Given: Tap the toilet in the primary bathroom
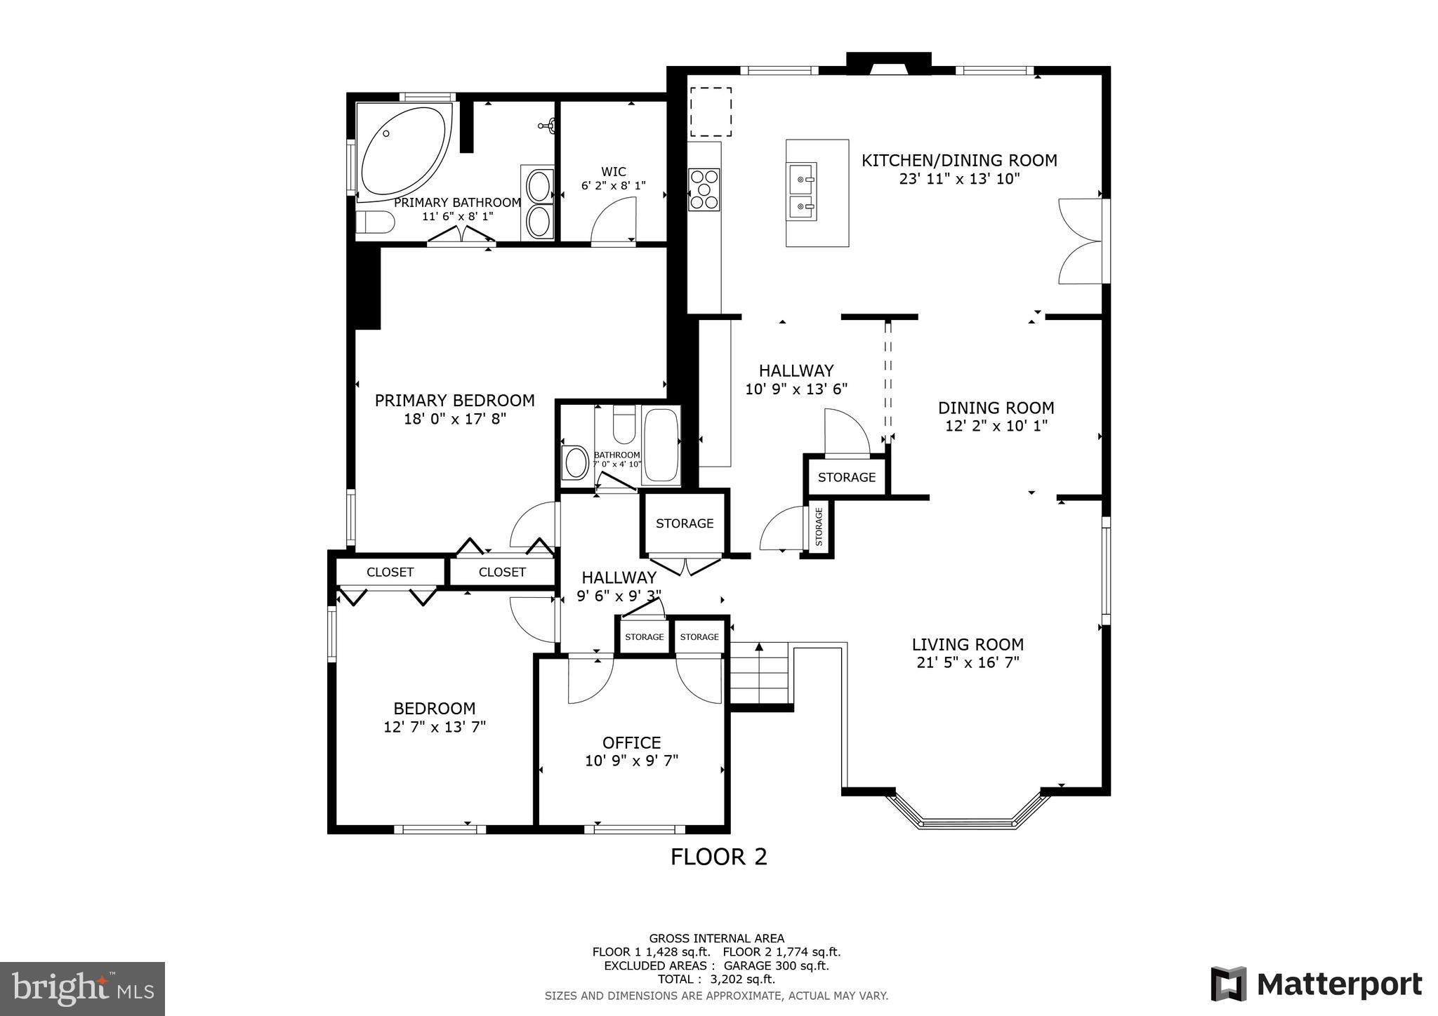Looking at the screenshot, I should [x=374, y=222].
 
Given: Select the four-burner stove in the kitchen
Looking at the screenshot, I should [x=704, y=189].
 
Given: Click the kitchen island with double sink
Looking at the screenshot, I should [x=817, y=193].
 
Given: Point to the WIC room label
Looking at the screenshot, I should [x=613, y=172].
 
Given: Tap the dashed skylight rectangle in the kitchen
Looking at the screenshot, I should [x=711, y=112].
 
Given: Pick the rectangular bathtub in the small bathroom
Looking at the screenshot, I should [x=661, y=446].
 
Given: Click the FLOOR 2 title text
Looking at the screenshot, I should [x=718, y=857].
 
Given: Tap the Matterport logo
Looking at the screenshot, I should [x=1316, y=984].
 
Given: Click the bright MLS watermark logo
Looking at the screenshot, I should [x=83, y=989].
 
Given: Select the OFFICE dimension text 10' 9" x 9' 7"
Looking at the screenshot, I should [x=631, y=761].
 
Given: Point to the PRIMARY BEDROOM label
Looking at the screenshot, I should [x=454, y=401].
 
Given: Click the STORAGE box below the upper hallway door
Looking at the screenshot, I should [x=847, y=477].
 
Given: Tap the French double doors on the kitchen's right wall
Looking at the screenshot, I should [x=1082, y=241].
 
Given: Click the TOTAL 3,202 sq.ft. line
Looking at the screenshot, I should [x=716, y=979].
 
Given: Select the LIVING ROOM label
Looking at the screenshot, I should [x=968, y=644].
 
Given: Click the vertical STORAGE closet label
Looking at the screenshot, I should [x=819, y=527].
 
